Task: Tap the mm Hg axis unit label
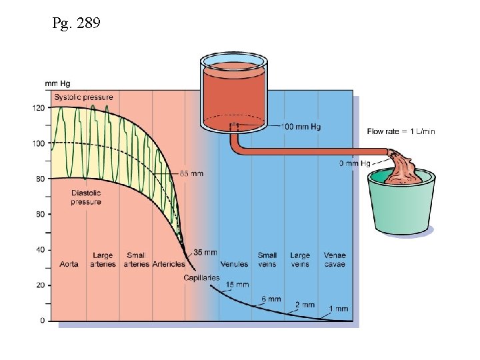57,83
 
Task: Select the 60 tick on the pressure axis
40,214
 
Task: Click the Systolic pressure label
83,97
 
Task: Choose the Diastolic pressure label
86,197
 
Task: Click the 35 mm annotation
205,253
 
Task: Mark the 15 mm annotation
237,285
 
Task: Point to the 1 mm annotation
339,309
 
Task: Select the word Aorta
68,264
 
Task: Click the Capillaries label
201,277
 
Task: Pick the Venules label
234,264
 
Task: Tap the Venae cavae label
335,260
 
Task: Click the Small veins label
267,260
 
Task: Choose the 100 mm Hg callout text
301,127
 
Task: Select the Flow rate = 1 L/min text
401,131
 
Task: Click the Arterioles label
168,264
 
